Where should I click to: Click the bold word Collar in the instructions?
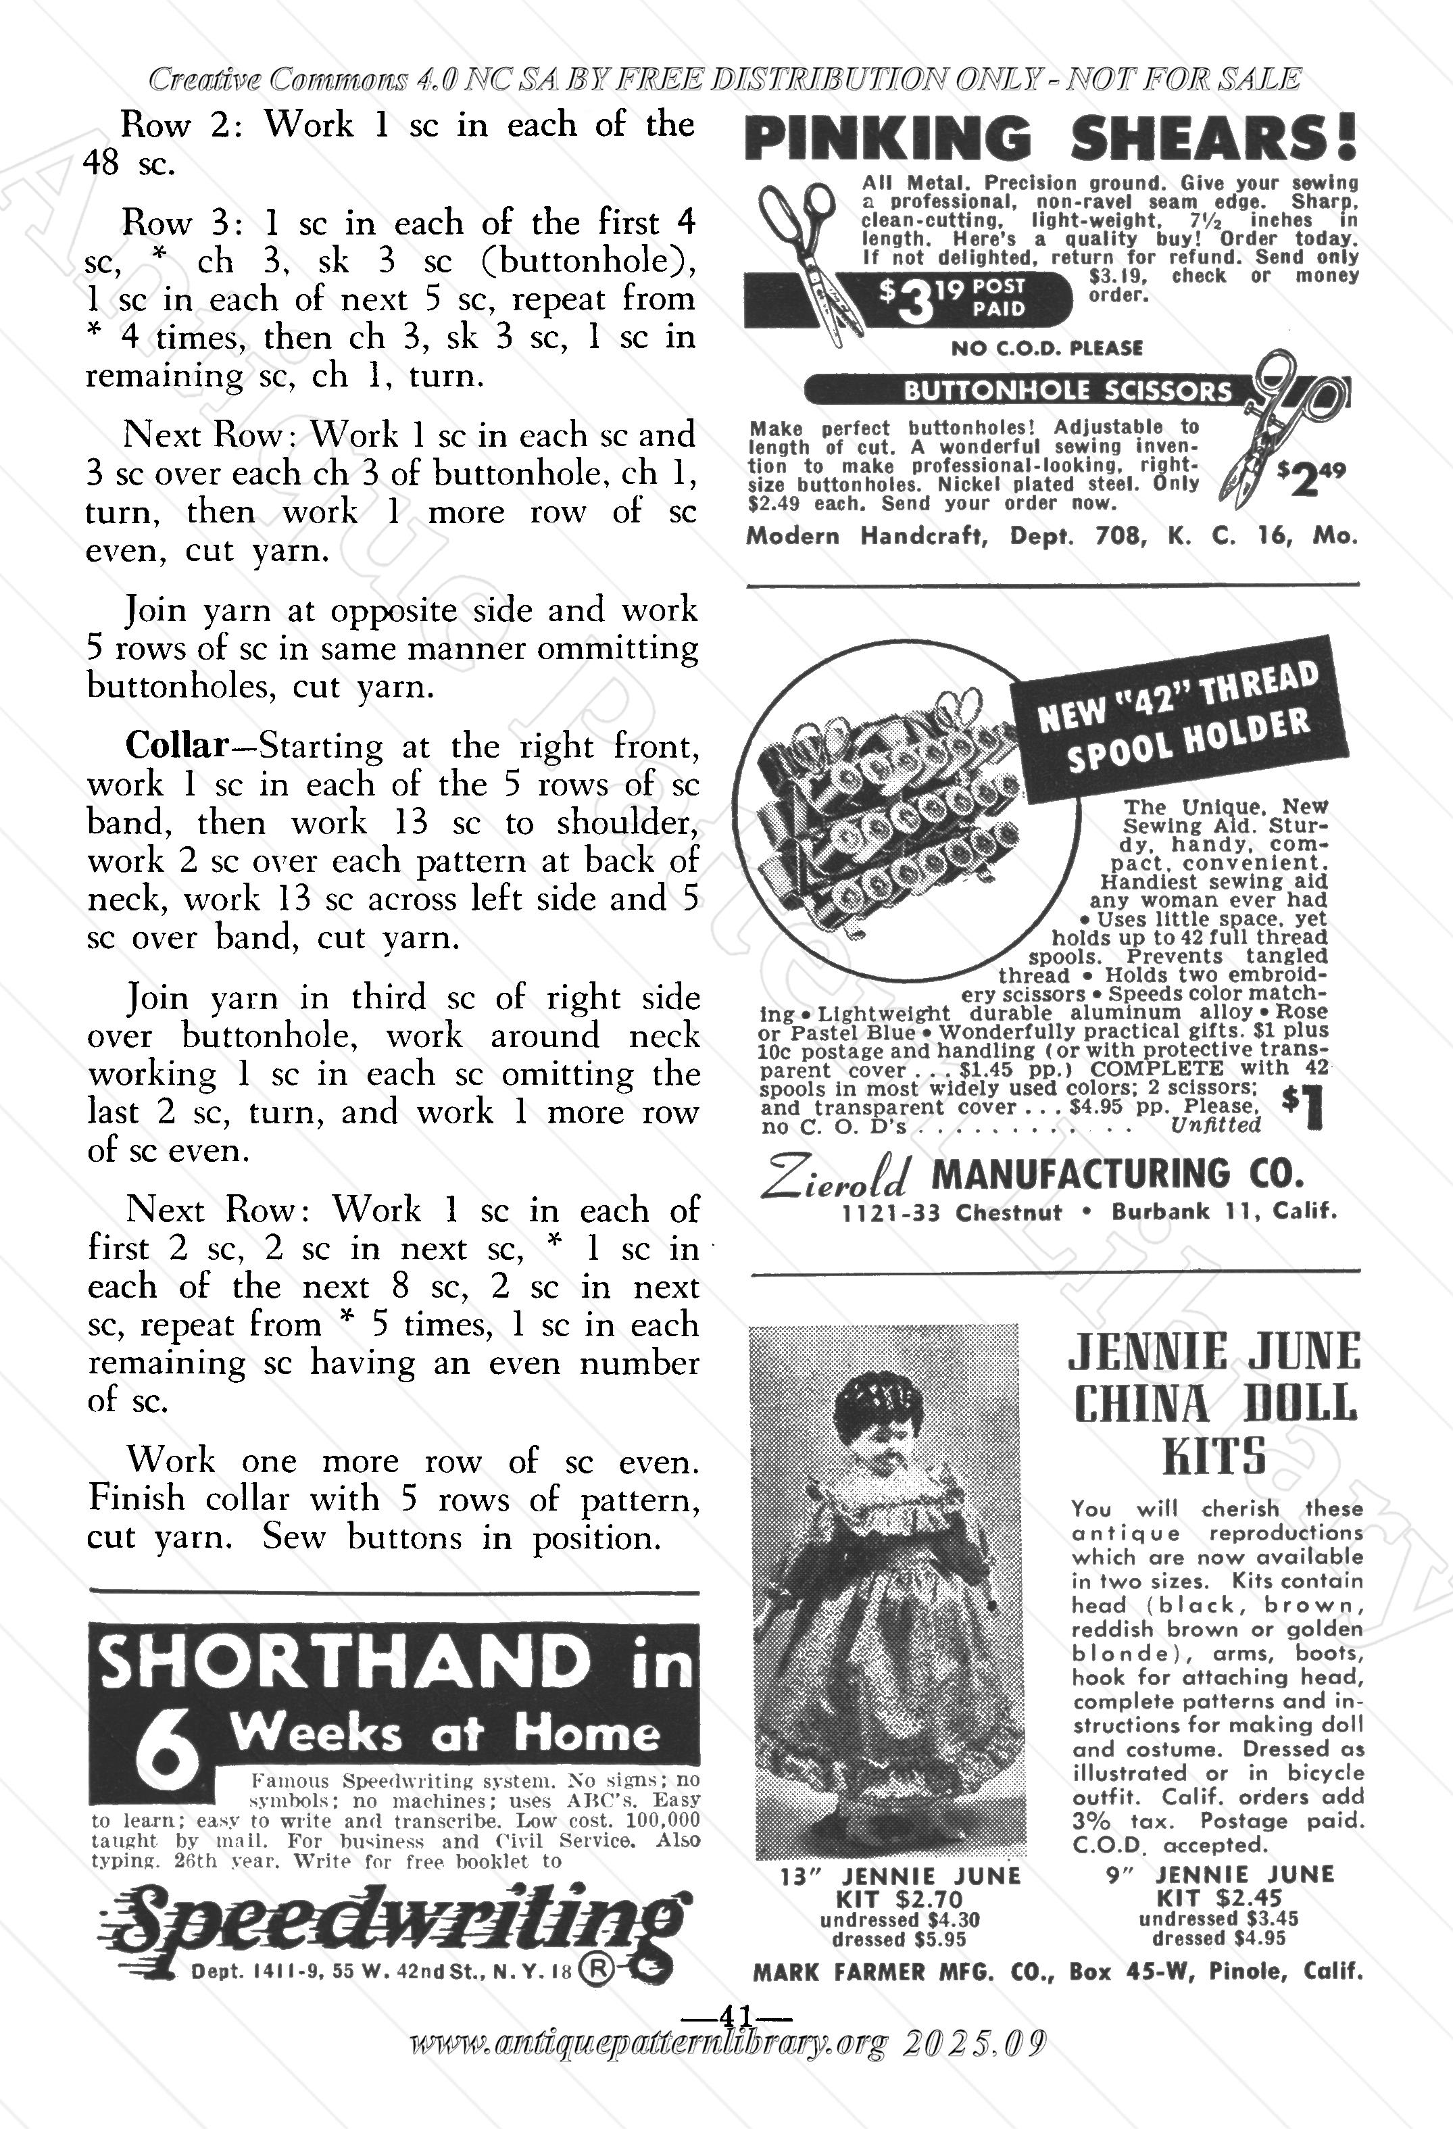175,745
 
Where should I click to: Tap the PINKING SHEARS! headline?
1051,140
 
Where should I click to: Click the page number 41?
737,2016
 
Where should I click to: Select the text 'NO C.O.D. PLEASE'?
1046,348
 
